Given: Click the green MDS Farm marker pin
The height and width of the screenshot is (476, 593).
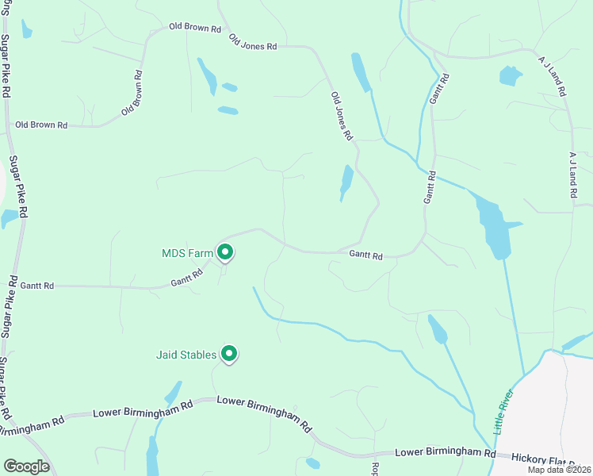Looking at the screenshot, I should point(225,252).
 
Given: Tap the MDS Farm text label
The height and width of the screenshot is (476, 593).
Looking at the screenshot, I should point(187,254).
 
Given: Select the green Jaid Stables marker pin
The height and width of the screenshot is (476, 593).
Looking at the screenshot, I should point(229,353).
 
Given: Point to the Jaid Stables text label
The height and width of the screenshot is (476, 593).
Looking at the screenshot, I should point(185,354).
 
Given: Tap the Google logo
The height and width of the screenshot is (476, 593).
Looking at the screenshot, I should point(27,466).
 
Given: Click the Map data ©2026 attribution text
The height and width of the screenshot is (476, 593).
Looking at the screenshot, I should point(559,470).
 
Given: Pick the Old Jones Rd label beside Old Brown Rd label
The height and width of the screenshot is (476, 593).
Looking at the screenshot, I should point(253,42).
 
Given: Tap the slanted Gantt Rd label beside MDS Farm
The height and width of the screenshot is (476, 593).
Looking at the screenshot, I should point(187,277).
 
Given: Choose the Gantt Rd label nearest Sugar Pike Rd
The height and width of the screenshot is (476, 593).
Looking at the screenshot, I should point(37,286).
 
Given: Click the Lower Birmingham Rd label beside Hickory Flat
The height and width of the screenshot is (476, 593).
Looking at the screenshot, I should point(445,452).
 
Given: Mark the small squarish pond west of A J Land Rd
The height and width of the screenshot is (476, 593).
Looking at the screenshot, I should point(511,76).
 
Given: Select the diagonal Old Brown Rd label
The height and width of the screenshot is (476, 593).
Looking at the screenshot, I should point(132,94).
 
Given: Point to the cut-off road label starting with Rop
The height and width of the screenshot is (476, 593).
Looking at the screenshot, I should point(376,469).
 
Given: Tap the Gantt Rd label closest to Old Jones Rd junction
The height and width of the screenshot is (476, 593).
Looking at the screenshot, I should point(366,255).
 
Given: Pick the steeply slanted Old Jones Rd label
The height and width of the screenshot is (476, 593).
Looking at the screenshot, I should point(342,116).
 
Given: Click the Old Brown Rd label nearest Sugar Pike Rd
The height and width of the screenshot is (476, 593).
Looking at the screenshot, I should point(41,125).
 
